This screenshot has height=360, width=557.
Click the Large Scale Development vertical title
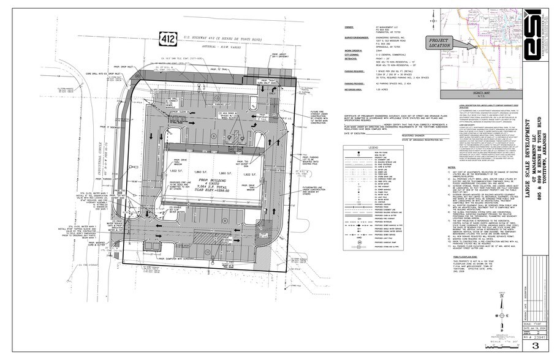tap(526, 171)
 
